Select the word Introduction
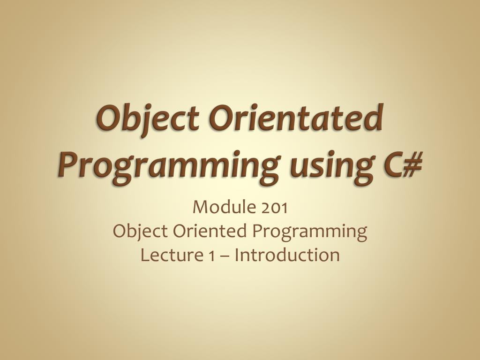287,255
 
